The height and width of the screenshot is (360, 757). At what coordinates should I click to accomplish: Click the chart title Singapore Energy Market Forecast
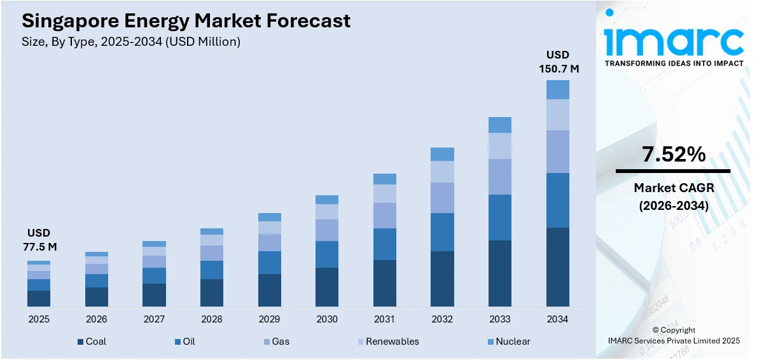pos(186,20)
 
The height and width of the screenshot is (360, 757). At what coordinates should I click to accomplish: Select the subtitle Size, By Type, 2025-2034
pos(131,42)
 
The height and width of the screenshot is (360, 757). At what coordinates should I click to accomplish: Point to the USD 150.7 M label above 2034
pos(557,62)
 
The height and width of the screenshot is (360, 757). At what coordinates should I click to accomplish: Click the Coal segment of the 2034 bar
pos(557,267)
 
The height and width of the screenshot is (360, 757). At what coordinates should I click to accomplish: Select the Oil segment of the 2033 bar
pos(499,217)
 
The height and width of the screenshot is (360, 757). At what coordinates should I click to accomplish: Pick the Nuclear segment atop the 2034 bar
pos(557,90)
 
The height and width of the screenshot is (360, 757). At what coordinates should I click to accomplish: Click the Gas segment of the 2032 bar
pos(442,197)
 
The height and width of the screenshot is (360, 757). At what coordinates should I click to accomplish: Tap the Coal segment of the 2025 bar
pos(38,298)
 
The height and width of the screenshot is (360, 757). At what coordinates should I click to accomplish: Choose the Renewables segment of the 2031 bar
pos(384,193)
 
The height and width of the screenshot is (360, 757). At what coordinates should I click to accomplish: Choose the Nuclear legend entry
pos(507,342)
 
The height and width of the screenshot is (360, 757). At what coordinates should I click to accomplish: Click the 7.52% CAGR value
pos(673,154)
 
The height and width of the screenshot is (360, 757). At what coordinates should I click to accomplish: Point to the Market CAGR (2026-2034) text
pos(673,197)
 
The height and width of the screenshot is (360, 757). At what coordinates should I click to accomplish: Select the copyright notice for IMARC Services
pos(673,336)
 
